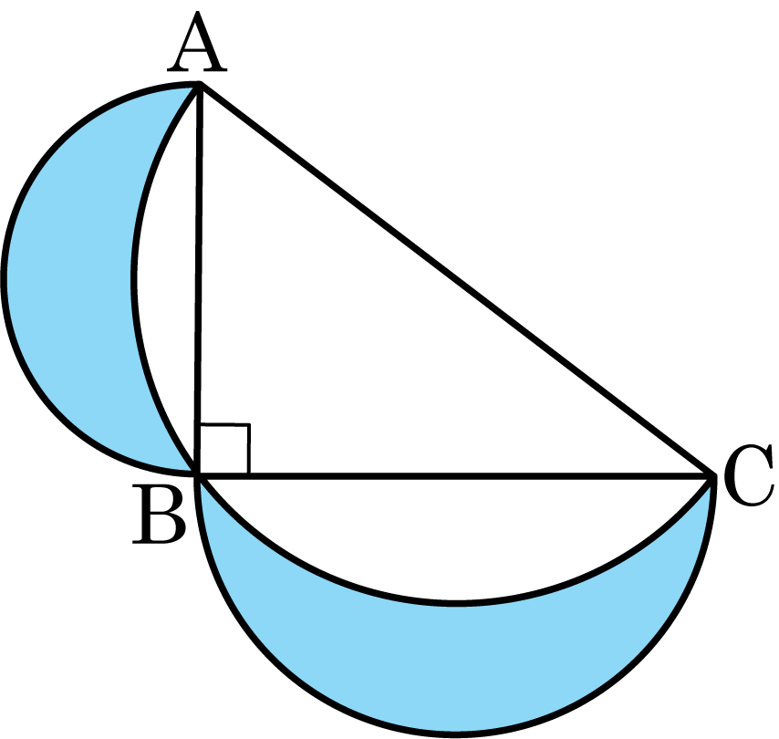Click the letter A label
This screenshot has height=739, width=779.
(197, 43)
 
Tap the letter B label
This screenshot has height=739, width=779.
(159, 515)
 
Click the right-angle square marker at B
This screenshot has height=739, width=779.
(225, 448)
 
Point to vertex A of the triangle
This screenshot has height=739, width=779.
(199, 85)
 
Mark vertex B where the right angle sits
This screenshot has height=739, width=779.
(199, 475)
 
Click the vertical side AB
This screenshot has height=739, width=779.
(199, 280)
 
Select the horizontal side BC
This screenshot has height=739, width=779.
(455, 476)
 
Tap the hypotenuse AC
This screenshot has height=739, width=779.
(455, 280)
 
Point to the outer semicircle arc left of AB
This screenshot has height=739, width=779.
(4, 278)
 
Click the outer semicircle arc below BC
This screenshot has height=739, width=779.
(456, 733)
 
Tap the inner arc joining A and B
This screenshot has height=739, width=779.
(133, 278)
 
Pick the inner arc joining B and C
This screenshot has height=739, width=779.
(455, 603)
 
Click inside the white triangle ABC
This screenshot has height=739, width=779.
(348, 348)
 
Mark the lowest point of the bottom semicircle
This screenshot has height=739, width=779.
(456, 734)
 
